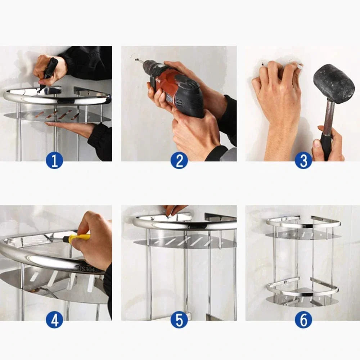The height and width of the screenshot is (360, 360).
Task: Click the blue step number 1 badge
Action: (54, 160)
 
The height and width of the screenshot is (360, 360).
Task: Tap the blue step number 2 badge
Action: (179, 160)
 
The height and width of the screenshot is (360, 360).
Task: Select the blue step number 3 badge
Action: (303, 160)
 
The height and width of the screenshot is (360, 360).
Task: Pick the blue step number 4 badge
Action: (54, 320)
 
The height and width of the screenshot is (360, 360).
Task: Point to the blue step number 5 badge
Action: (179, 320)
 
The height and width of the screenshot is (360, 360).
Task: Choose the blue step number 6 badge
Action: (303, 320)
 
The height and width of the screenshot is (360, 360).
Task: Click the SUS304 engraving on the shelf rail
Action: (85, 269)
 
